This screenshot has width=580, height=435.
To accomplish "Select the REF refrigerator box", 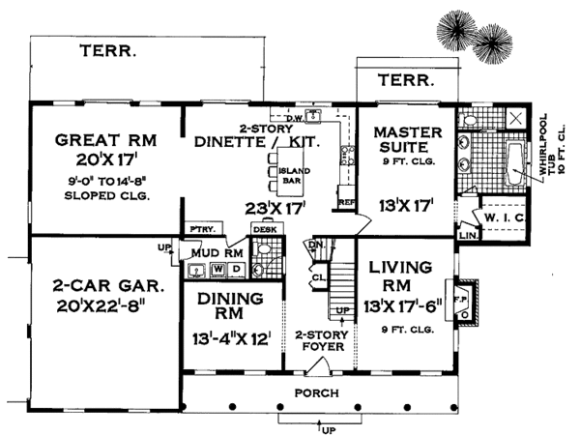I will click(x=346, y=203).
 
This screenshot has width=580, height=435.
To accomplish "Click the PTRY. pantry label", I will click(x=204, y=229).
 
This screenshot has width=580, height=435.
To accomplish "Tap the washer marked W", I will click(x=218, y=267).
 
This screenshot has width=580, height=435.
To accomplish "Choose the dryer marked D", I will click(x=237, y=267).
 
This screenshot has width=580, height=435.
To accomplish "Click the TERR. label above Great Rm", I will click(x=106, y=50).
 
